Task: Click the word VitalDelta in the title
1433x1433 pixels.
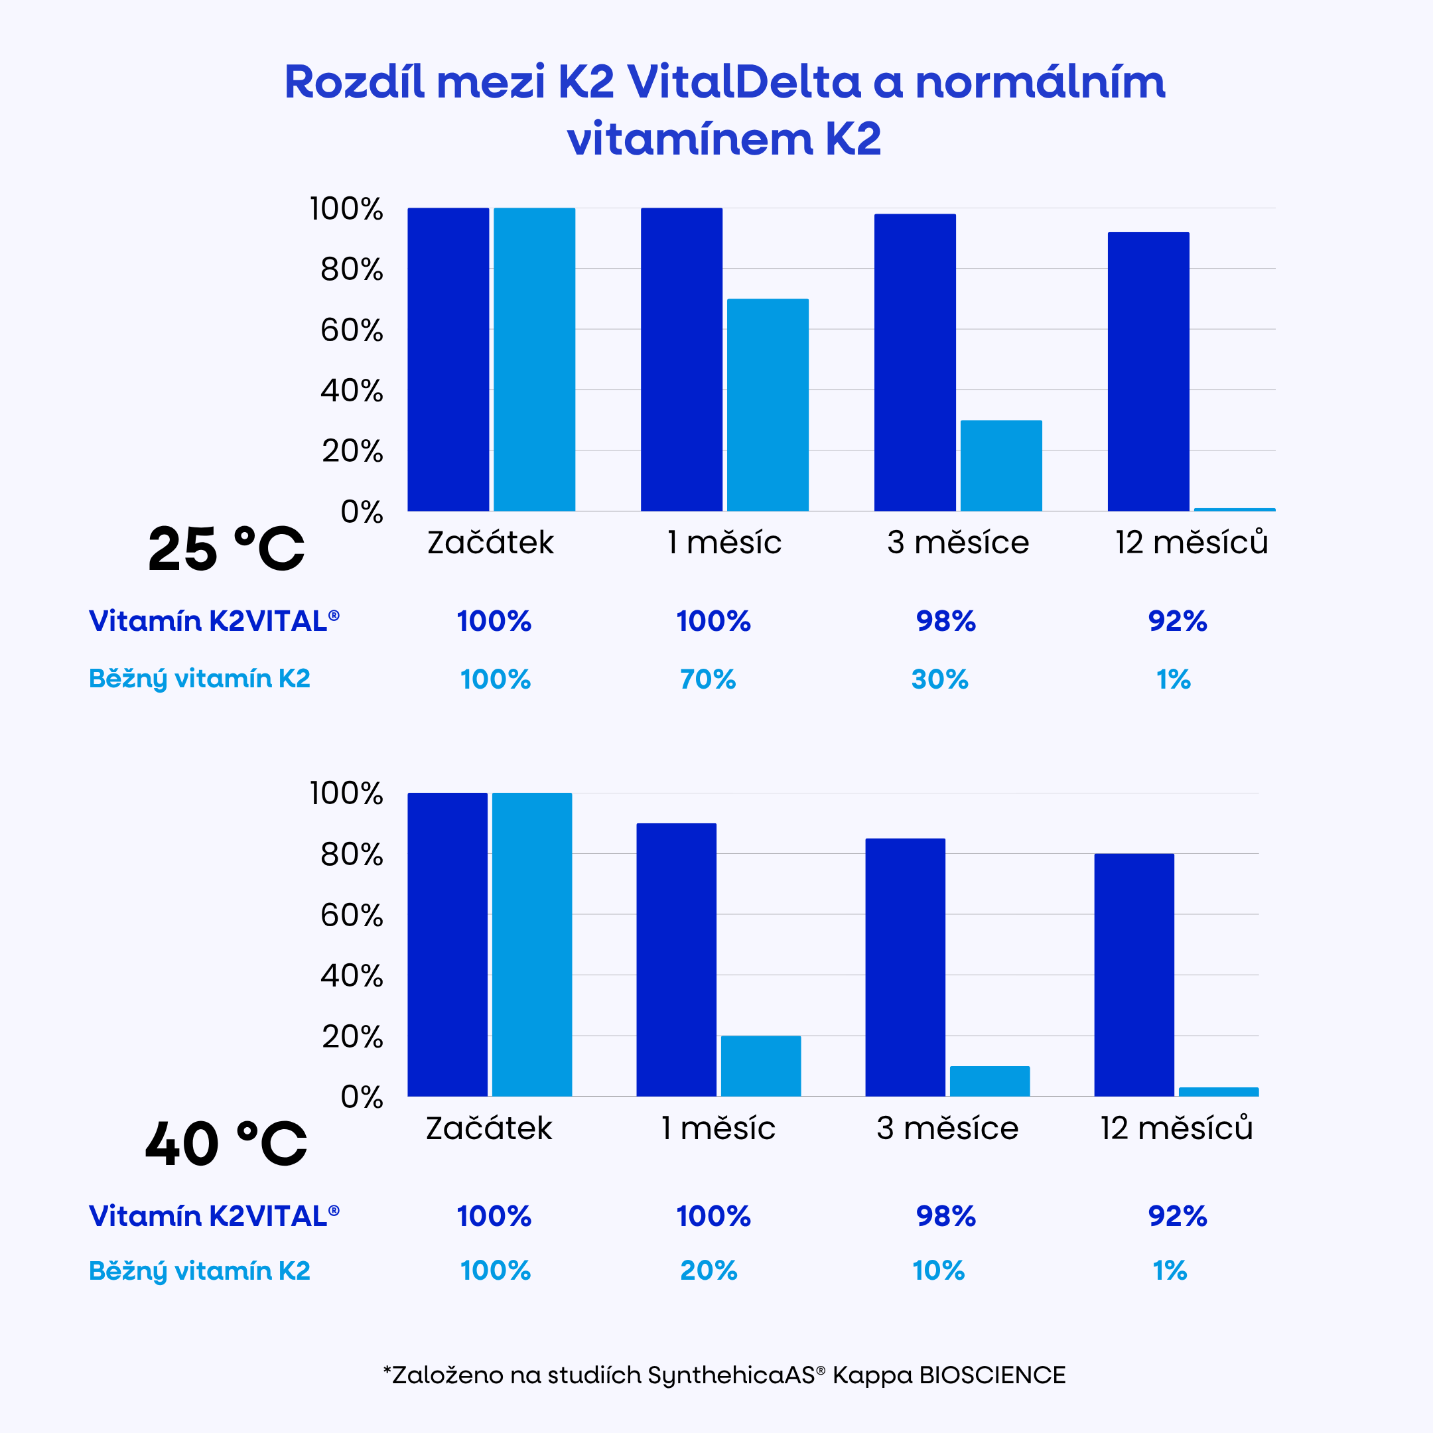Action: coord(743,82)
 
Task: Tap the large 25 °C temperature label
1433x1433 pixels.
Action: coord(226,549)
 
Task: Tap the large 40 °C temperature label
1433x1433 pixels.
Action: coord(226,1144)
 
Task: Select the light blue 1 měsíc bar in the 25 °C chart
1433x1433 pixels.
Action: coord(768,405)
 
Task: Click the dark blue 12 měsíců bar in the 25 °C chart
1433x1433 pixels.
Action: coord(1148,372)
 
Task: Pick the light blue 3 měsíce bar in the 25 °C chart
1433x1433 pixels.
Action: coord(1000,466)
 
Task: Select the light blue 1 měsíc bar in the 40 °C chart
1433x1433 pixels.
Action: coord(761,1066)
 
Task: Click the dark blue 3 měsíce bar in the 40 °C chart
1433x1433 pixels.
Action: coord(905,967)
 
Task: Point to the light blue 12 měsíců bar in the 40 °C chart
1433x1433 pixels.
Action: coord(1218,1092)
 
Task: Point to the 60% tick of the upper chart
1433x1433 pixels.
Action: coord(352,330)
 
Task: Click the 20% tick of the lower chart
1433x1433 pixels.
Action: coord(352,1036)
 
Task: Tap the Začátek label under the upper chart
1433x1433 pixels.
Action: coord(490,543)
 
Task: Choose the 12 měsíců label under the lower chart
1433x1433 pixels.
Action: coord(1176,1128)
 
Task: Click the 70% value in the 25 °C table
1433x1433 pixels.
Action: coord(708,679)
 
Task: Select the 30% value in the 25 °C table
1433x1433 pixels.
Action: coord(940,679)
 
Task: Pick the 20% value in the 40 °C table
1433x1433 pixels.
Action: coord(709,1270)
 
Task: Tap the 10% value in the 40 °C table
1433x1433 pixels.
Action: coord(938,1270)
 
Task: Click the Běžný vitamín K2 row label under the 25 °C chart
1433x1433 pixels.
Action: coord(200,679)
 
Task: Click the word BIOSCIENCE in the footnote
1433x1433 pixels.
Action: coord(992,1375)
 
